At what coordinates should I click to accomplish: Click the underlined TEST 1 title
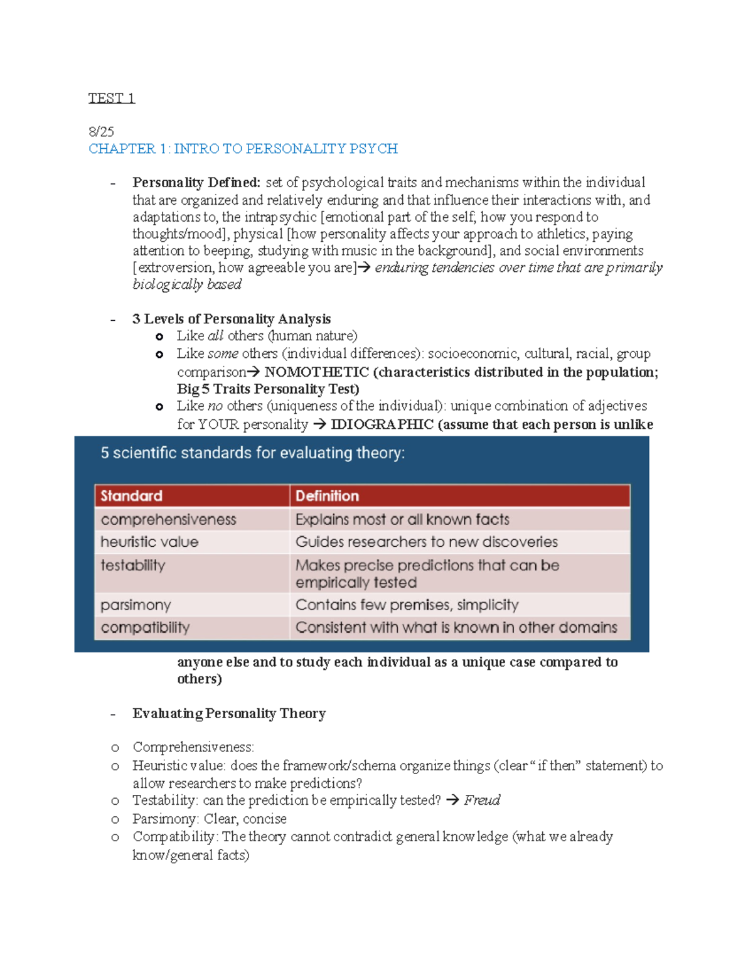(111, 98)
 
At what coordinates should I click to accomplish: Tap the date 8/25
(101, 131)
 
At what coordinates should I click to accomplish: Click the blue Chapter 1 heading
(243, 149)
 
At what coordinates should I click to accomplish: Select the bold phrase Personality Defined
(196, 183)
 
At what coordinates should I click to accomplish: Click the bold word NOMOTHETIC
(316, 372)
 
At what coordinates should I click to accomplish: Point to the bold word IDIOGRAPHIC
(382, 424)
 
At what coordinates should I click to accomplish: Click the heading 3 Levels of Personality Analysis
(231, 319)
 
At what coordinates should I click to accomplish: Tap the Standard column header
(132, 496)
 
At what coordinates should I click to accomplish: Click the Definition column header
(327, 496)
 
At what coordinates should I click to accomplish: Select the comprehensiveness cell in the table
(168, 520)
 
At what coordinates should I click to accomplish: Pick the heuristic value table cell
(149, 542)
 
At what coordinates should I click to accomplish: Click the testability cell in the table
(133, 565)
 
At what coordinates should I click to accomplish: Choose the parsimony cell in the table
(136, 605)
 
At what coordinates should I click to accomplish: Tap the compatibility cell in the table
(145, 628)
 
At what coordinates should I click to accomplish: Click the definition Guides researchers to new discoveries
(426, 542)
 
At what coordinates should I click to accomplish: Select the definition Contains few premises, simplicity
(407, 605)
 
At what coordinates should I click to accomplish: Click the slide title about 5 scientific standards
(253, 453)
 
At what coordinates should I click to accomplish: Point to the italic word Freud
(482, 800)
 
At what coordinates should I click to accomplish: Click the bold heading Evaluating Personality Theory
(229, 714)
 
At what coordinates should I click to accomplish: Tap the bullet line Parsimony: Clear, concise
(209, 819)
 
